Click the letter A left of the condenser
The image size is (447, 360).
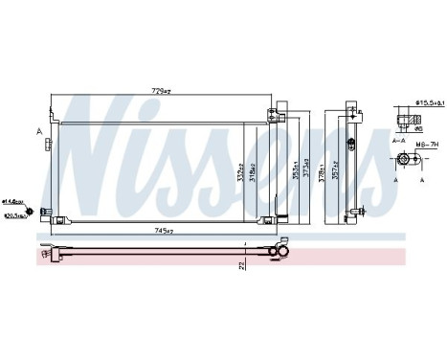(x=38, y=131)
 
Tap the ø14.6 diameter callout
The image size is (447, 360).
(x=11, y=201)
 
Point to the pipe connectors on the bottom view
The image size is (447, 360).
(x=280, y=252)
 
